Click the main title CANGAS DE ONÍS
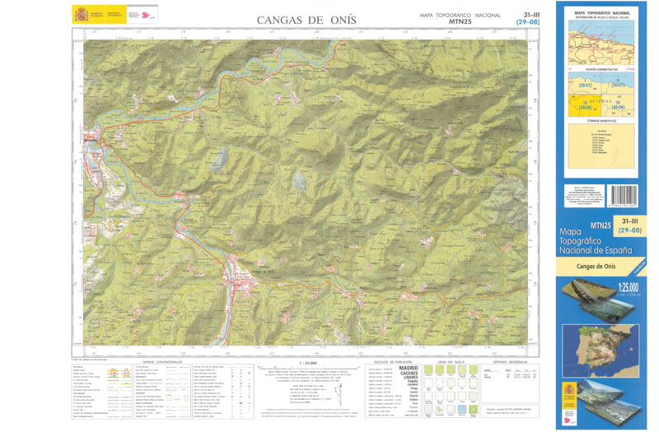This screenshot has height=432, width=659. click(x=306, y=19)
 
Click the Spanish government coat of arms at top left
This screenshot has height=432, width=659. click(x=80, y=15)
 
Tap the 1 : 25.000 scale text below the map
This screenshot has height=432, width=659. click(x=311, y=361)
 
